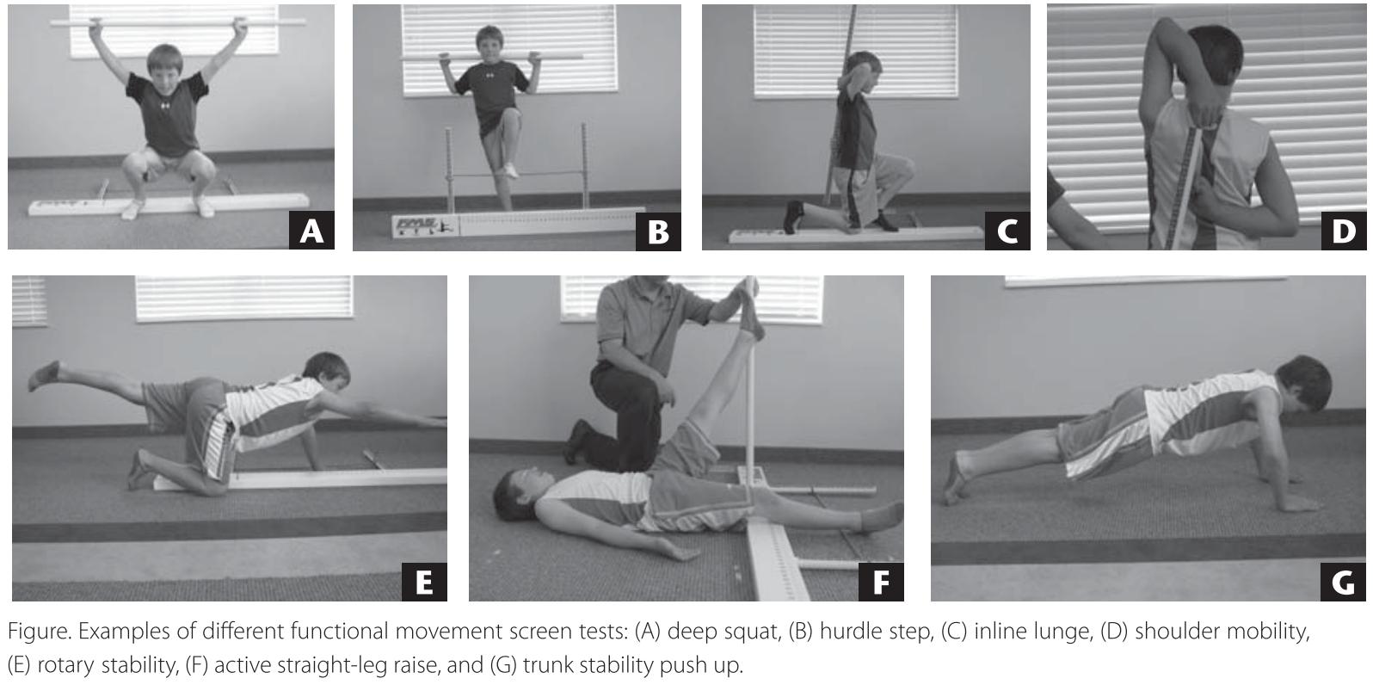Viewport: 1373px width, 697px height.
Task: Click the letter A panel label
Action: coord(311,230)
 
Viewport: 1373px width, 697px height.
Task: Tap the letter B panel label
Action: coord(658,231)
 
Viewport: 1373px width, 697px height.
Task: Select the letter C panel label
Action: coord(1007,231)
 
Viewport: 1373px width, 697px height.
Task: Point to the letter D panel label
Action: coord(1344,231)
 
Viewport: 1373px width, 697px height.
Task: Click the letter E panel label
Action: coord(424,581)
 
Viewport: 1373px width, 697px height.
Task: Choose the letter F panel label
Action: coord(881,581)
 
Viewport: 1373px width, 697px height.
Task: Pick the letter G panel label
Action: coord(1343,581)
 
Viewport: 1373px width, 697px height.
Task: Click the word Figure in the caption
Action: coord(40,632)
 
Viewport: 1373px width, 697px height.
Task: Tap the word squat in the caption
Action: coord(748,632)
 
